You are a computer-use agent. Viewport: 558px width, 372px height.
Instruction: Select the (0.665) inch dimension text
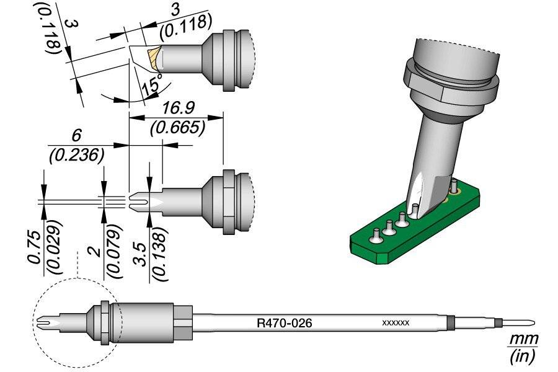click(177, 128)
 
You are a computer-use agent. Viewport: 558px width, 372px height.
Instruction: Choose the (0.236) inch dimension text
click(76, 155)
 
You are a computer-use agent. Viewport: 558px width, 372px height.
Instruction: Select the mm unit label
click(523, 340)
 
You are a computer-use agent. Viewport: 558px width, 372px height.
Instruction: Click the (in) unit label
click(522, 356)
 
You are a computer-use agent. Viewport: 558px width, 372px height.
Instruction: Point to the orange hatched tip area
click(153, 59)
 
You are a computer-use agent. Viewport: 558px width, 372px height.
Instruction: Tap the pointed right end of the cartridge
click(530, 323)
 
